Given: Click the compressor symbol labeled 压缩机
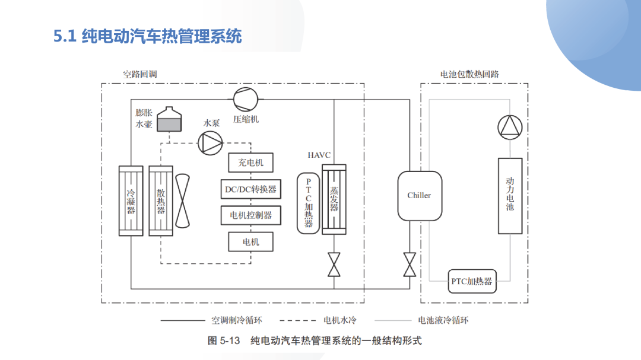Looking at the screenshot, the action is [246, 99].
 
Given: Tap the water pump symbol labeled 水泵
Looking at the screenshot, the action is [210, 143].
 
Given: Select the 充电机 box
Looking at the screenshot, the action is [250, 163].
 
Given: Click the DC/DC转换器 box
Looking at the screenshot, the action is [250, 189].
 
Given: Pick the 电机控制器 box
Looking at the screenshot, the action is [250, 215].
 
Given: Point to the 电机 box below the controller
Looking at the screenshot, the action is [250, 241].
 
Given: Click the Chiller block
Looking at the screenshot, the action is [420, 196].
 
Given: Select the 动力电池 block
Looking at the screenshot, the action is [510, 196].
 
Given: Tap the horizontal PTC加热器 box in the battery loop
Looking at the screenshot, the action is [472, 281].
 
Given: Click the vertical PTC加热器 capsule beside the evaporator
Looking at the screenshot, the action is [308, 203].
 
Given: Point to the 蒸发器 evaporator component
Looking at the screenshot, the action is [334, 199].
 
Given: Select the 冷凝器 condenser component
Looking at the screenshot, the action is [131, 200].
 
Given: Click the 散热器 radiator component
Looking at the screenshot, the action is [161, 200].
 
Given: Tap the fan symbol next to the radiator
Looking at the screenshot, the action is [182, 200].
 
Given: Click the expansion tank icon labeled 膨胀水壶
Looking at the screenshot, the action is [169, 119].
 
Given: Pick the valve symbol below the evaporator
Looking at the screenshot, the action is [334, 265].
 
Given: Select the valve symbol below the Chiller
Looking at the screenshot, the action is [410, 265].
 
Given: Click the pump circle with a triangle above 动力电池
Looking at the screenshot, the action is [510, 127].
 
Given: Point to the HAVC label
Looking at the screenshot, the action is [319, 155].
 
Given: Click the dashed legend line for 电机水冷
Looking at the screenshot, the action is [297, 321].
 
